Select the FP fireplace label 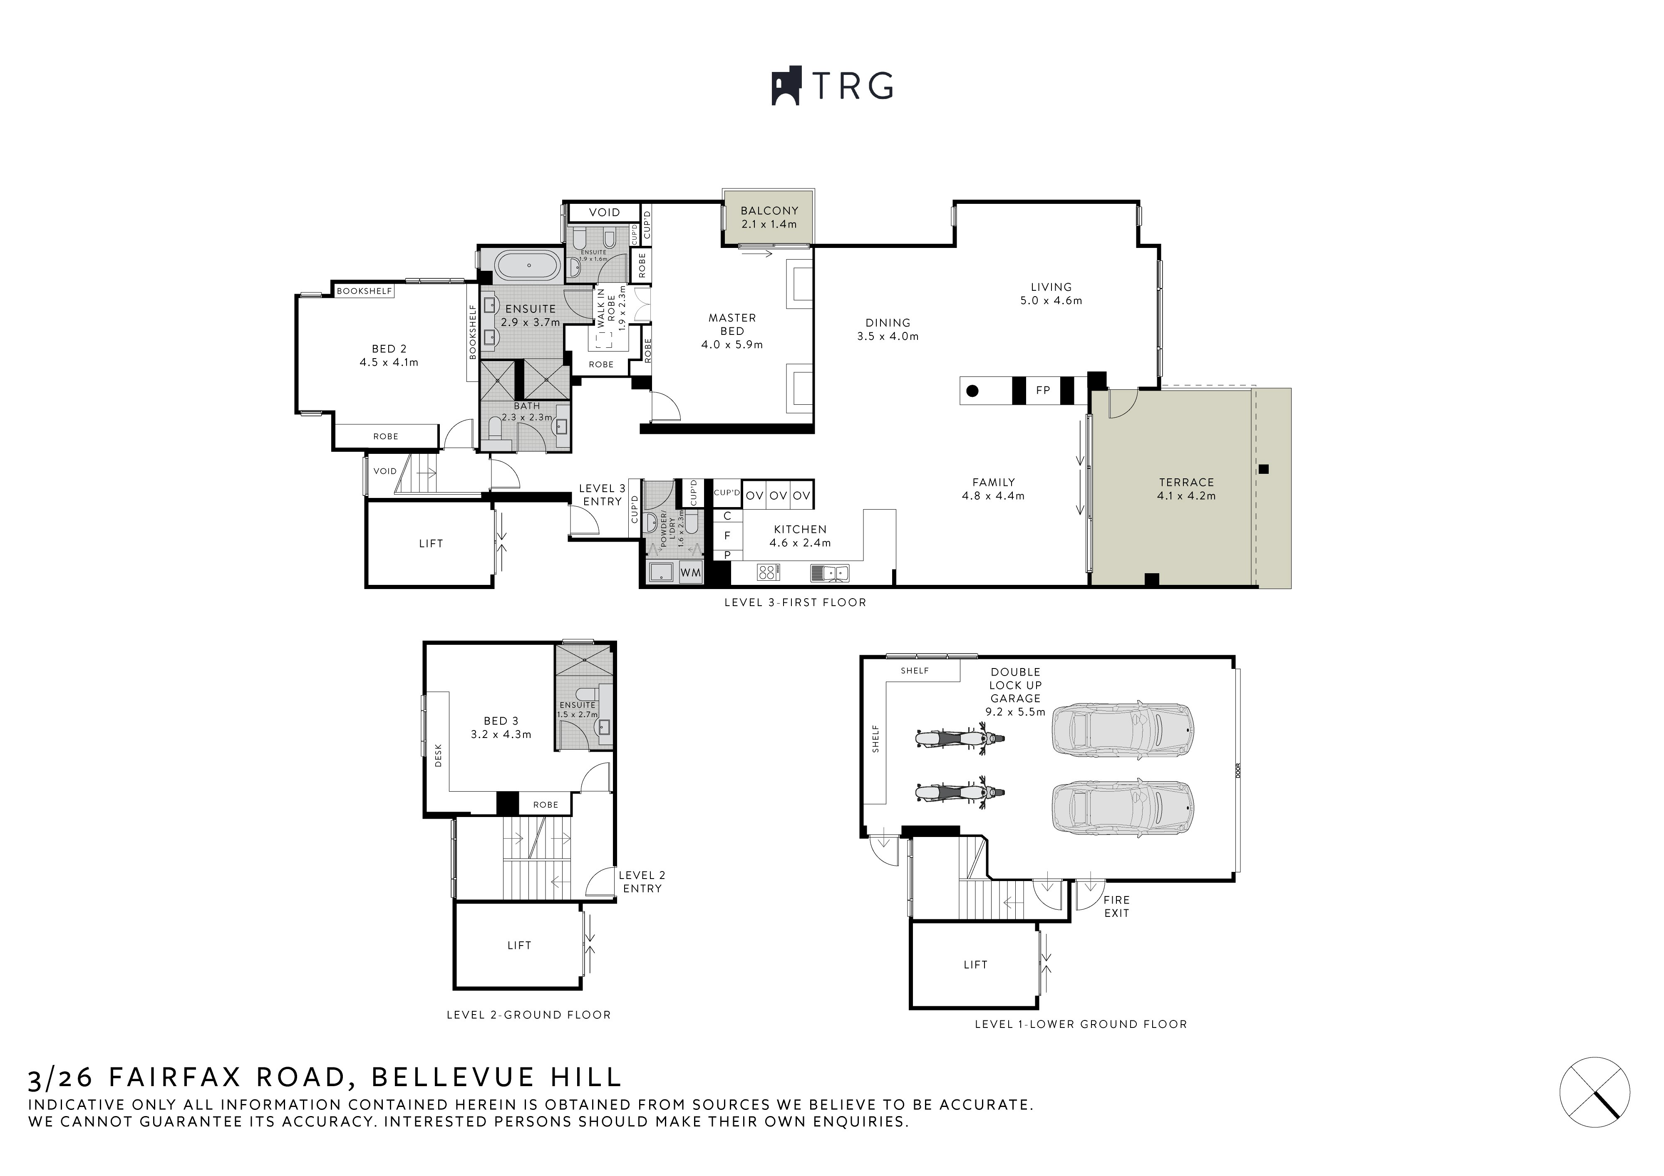1043,390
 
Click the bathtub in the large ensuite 529,266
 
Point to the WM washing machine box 691,572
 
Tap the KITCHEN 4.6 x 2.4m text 800,535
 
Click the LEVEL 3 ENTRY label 602,495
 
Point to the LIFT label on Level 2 519,945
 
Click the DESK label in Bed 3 438,756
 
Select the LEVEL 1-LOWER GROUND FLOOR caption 1081,1024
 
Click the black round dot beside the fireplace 972,391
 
